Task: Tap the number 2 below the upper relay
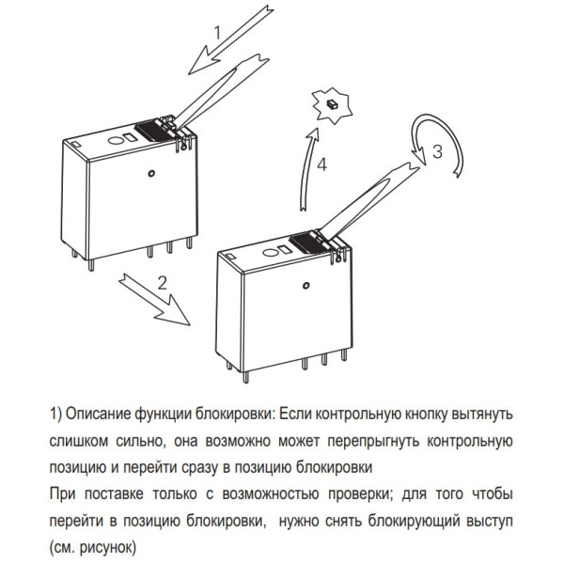163,282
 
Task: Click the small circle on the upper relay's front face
150,173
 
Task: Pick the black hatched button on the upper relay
150,133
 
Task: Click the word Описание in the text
99,414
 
